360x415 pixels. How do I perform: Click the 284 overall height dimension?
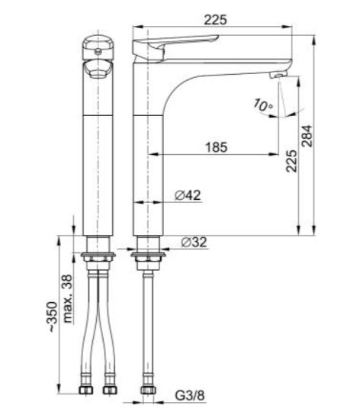point(307,136)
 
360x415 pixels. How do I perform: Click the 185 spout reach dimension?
point(217,147)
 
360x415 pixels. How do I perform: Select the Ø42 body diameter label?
point(188,195)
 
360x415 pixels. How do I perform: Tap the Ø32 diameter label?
point(194,242)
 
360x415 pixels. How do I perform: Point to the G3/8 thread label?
point(189,396)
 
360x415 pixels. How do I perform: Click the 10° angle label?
point(262,105)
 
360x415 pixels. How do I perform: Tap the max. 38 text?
point(68,298)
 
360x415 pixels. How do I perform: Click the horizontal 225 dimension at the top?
point(216,20)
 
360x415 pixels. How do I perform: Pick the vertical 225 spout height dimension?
point(291,161)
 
